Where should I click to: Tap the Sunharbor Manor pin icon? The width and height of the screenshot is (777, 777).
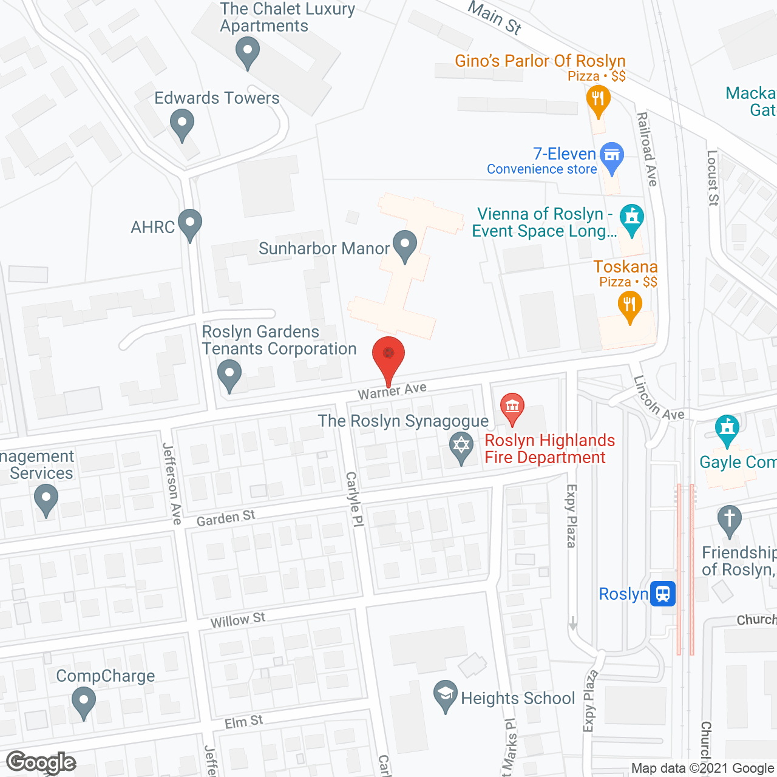click(x=405, y=246)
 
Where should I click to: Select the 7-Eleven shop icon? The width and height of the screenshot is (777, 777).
click(x=611, y=157)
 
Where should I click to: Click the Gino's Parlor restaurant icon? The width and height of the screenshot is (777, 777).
click(x=598, y=100)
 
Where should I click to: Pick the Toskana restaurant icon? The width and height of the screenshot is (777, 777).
click(x=629, y=305)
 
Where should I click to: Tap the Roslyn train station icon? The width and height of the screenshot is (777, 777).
click(x=663, y=593)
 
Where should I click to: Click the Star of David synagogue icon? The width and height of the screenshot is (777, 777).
click(x=461, y=446)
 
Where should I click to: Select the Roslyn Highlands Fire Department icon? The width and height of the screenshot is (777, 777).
click(x=512, y=407)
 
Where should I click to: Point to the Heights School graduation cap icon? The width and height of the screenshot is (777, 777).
click(x=446, y=694)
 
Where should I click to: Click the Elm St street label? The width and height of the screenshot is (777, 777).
click(x=243, y=722)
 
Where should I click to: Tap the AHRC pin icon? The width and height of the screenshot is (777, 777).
click(x=190, y=223)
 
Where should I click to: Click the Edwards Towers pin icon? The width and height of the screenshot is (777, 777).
click(x=182, y=124)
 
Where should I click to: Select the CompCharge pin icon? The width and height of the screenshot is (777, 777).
click(x=83, y=702)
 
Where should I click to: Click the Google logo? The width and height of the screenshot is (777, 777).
click(x=41, y=762)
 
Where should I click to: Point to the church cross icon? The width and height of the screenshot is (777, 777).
click(x=729, y=520)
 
